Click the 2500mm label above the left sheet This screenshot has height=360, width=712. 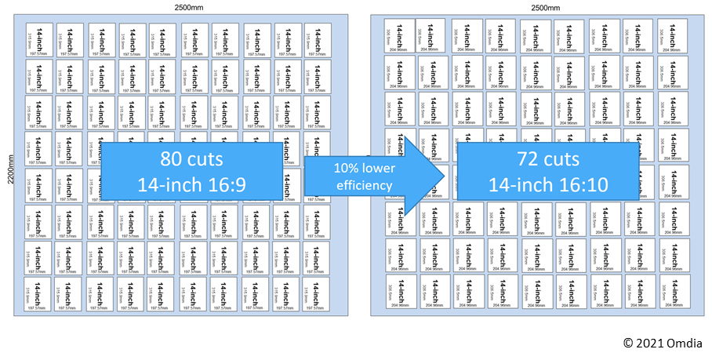click(186, 7)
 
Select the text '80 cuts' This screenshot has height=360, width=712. click(191, 159)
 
